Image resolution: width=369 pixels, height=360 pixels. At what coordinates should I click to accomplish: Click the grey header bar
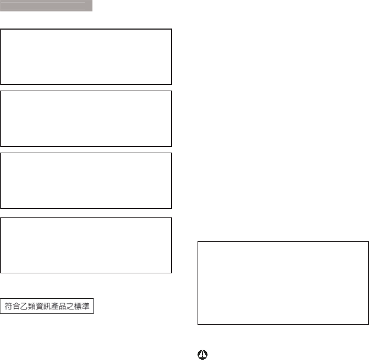pyautogui.click(x=46, y=6)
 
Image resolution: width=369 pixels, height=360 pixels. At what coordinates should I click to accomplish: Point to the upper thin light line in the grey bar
pyautogui.click(x=43, y=3)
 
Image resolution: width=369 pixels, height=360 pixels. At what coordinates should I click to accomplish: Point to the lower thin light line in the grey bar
pyautogui.click(x=43, y=10)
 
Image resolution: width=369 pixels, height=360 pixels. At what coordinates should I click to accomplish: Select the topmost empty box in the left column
pyautogui.click(x=86, y=57)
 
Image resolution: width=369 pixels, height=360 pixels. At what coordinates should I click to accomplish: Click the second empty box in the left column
pyautogui.click(x=86, y=119)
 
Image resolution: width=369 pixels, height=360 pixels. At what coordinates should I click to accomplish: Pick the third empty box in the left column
pyautogui.click(x=86, y=181)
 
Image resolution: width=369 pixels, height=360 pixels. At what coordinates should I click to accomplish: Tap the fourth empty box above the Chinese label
pyautogui.click(x=86, y=245)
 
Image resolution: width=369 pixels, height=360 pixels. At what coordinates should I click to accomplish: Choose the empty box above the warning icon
pyautogui.click(x=283, y=283)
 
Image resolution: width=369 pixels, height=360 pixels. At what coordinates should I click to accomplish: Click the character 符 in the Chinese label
pyautogui.click(x=7, y=306)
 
